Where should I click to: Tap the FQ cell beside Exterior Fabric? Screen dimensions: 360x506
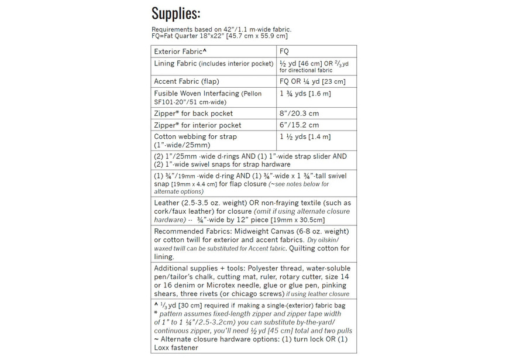pos(284,52)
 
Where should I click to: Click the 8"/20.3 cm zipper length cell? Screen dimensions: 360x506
pos(300,114)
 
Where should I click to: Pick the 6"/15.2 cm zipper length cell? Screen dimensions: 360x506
pos(300,125)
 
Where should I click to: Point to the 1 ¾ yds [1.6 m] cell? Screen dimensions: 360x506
pos(305,94)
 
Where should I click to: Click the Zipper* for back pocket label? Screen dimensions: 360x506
pos(193,114)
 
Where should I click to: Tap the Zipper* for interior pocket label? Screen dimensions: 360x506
pos(198,125)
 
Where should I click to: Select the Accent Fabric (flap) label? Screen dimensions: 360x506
pos(190,81)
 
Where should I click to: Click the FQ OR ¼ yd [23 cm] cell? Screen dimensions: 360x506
pos(312,81)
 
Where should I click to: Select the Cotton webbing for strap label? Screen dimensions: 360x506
pos(195,137)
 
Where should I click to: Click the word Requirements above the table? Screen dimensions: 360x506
pos(171,29)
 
